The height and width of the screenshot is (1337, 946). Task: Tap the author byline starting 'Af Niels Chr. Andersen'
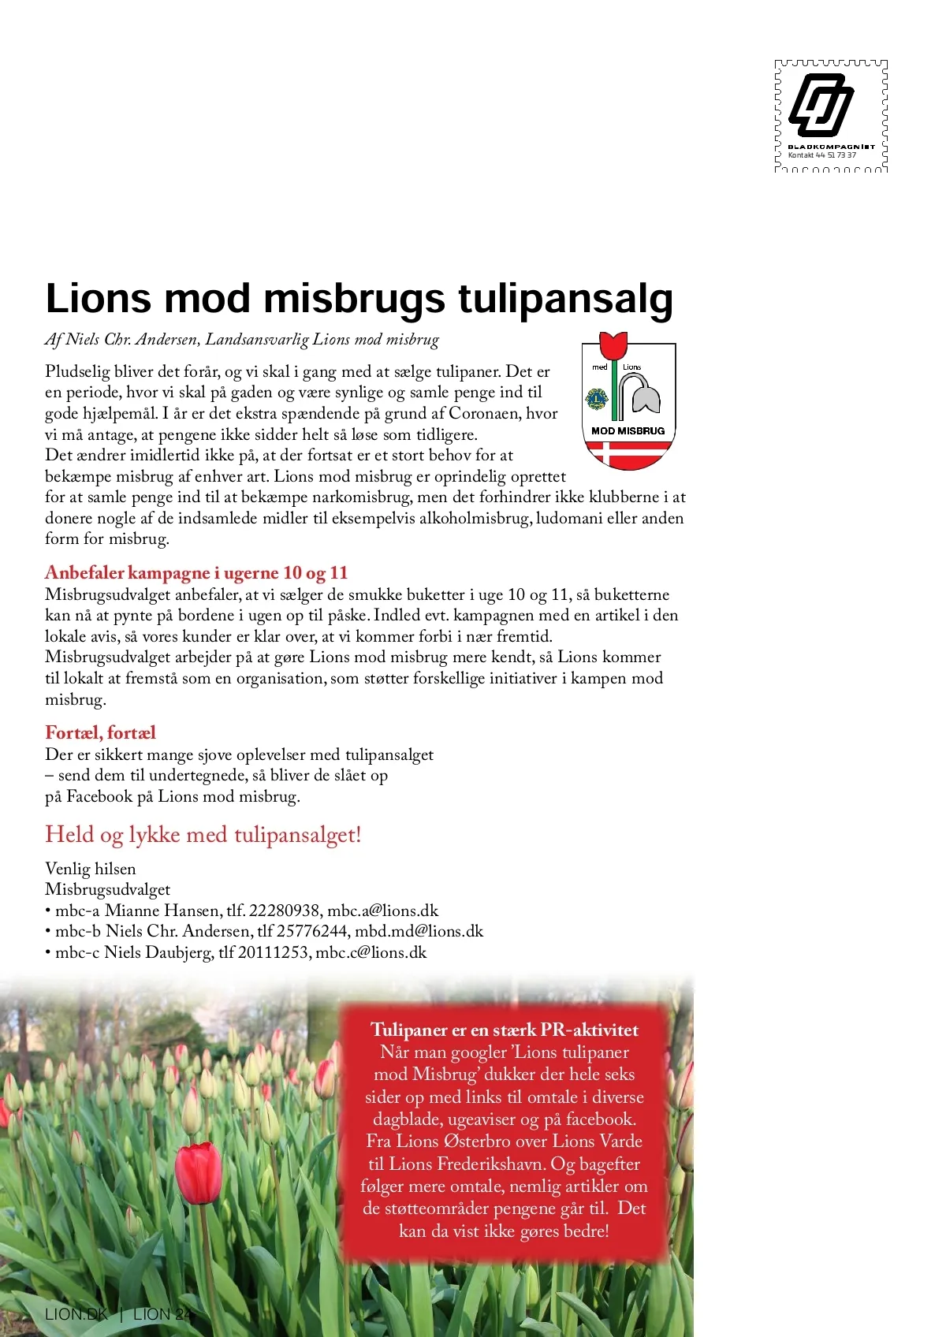pyautogui.click(x=241, y=340)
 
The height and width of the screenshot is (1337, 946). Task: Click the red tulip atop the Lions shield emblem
pyautogui.click(x=613, y=345)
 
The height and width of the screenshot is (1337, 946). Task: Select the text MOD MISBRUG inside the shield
pyautogui.click(x=628, y=431)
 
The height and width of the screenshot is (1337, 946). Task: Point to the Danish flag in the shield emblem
pyautogui.click(x=628, y=454)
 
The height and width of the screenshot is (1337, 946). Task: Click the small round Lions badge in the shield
pyautogui.click(x=597, y=398)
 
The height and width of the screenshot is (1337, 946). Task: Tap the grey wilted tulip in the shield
pyautogui.click(x=645, y=394)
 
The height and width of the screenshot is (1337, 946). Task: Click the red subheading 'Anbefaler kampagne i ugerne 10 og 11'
pyautogui.click(x=196, y=572)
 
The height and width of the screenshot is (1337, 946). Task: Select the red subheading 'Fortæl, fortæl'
pyautogui.click(x=100, y=732)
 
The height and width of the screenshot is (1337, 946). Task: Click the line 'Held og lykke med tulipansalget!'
pyautogui.click(x=203, y=834)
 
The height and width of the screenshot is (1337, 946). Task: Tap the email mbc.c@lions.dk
pyautogui.click(x=371, y=952)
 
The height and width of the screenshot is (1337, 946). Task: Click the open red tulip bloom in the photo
pyautogui.click(x=198, y=1172)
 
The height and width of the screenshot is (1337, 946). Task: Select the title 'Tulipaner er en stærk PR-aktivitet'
pyautogui.click(x=505, y=1030)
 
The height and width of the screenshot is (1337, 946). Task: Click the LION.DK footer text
pyautogui.click(x=76, y=1314)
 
